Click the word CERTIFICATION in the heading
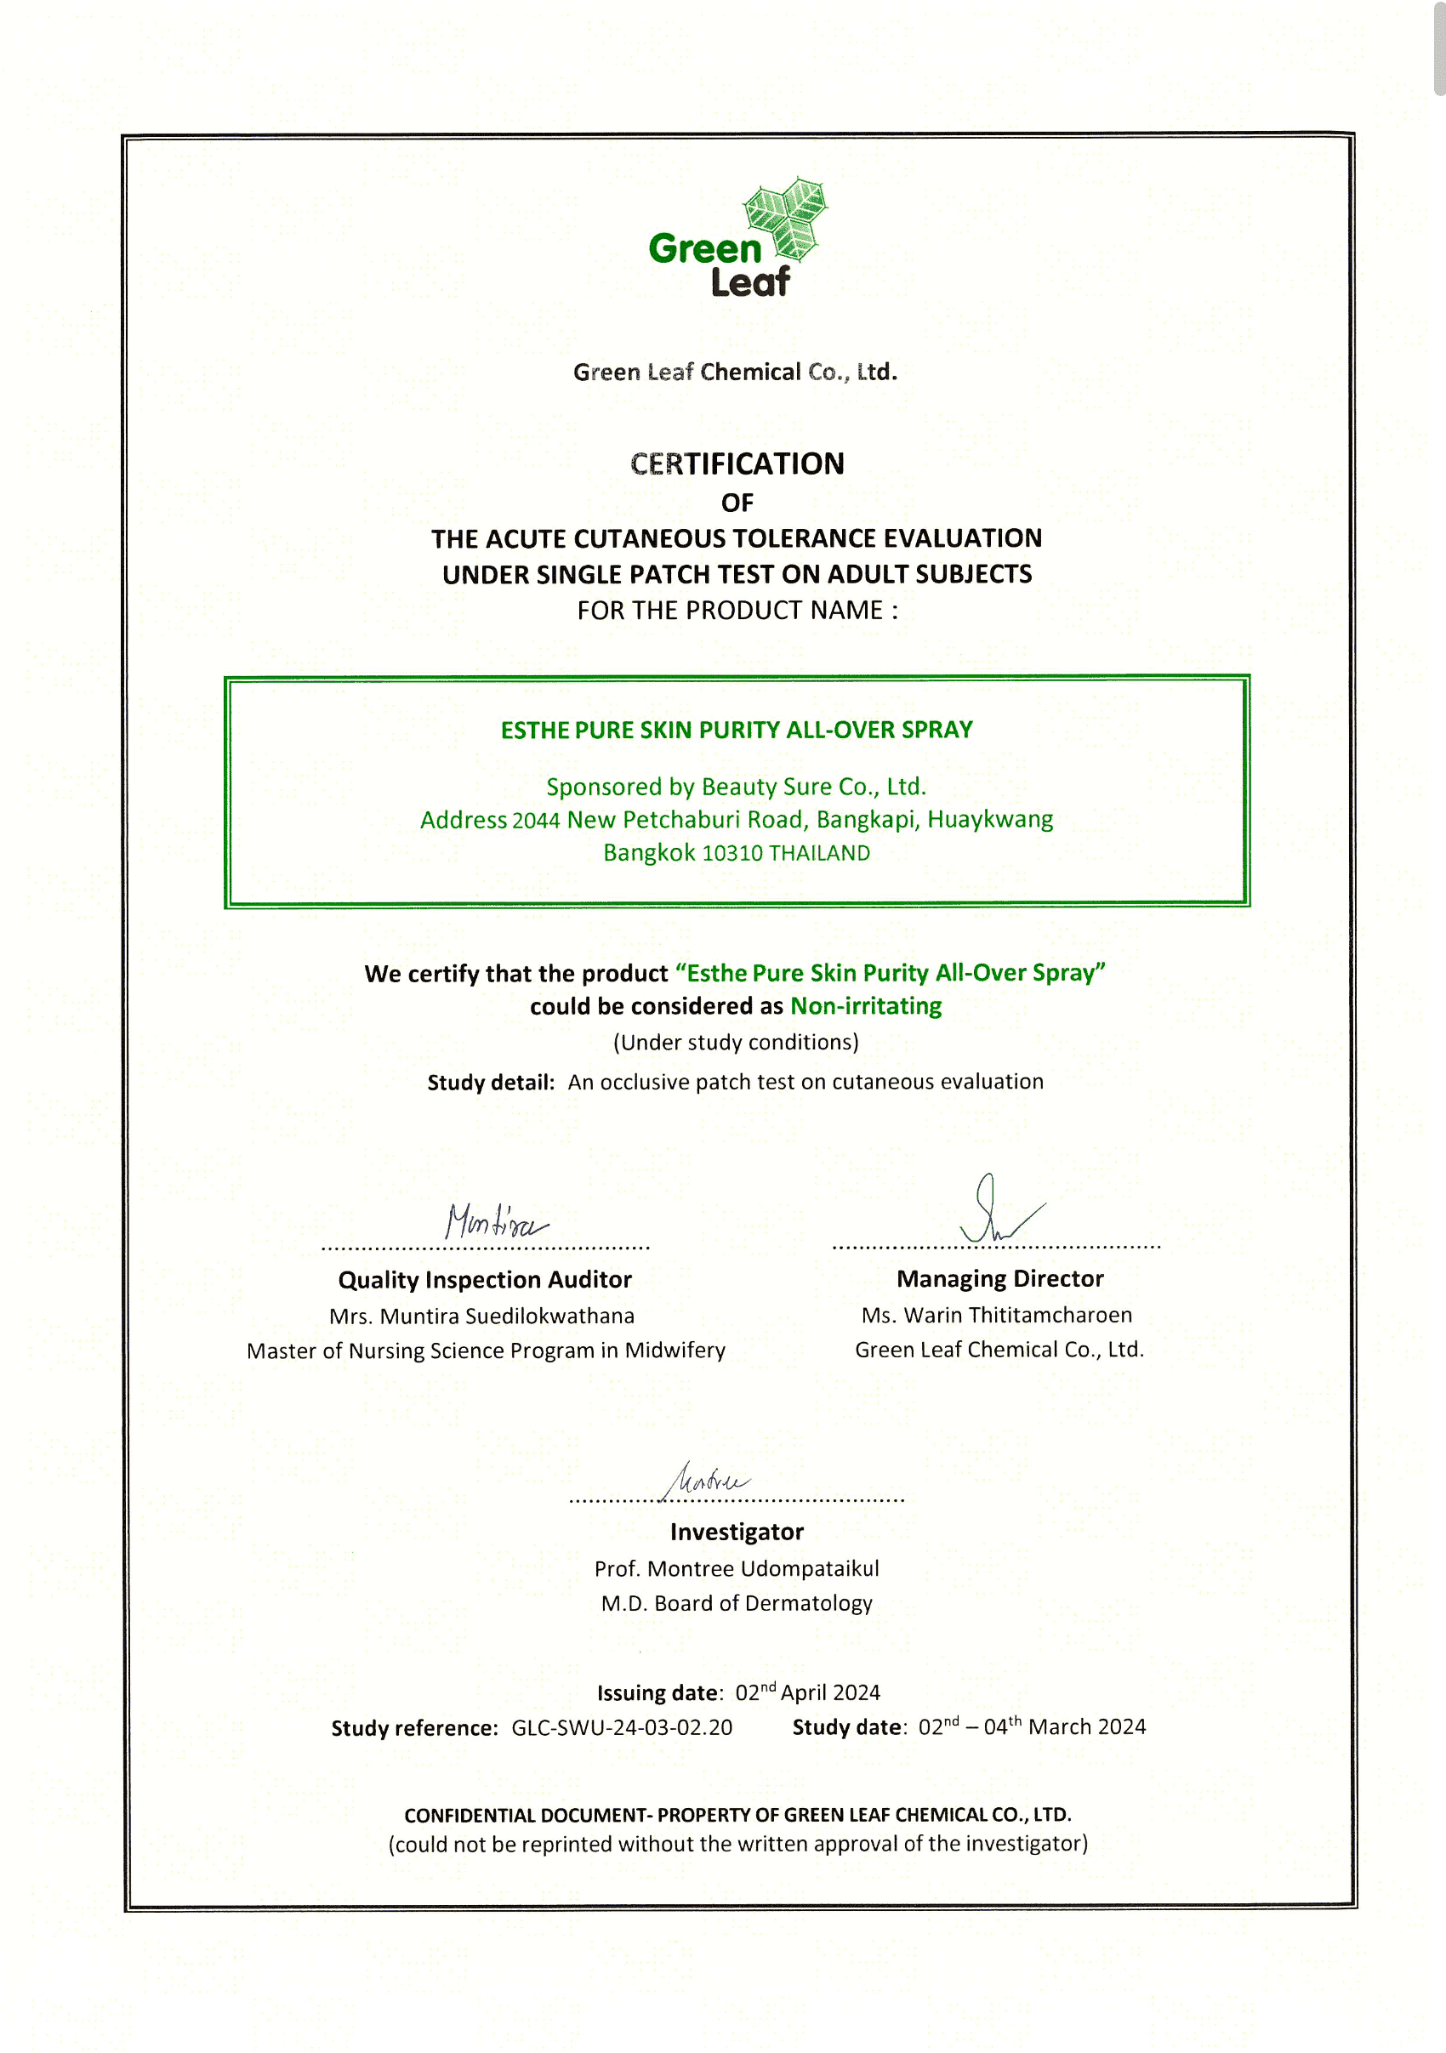coord(737,463)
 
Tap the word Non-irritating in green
coord(866,1006)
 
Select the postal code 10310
coord(732,853)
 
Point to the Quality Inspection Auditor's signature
coord(494,1221)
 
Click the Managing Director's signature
coord(997,1212)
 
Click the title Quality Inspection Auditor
coord(485,1280)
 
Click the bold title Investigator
coord(737,1532)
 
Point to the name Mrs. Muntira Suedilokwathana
coord(482,1317)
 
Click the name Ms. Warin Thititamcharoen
coord(996,1316)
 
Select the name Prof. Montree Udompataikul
coord(737,1568)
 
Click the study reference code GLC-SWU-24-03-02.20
coord(622,1727)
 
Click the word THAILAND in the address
coord(819,853)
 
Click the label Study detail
coord(490,1083)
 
